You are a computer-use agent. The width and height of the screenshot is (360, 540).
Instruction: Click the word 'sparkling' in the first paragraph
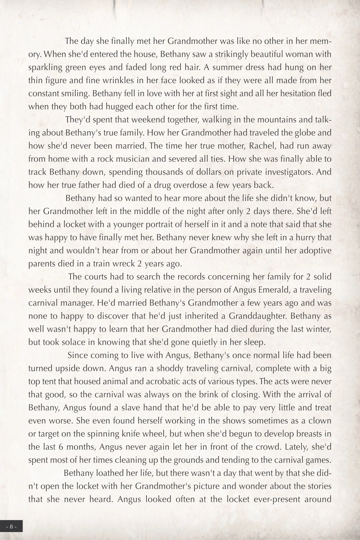click(43, 68)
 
